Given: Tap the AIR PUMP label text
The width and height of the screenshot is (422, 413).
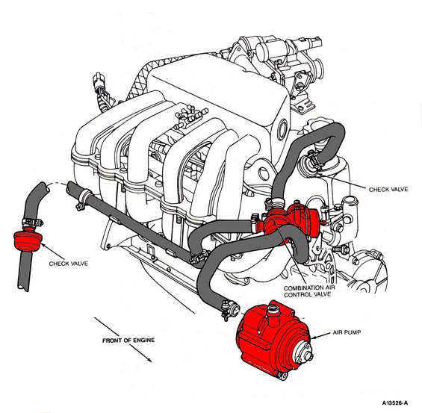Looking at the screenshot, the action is coord(347,332).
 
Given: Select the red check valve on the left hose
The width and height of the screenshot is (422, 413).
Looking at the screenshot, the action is coord(28,240).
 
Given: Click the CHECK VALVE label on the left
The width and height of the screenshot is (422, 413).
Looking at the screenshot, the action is coord(69,264).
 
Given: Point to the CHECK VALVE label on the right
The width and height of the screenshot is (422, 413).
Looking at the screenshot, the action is coord(388,190).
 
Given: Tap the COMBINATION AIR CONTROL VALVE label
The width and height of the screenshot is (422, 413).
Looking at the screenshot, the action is coord(309,291).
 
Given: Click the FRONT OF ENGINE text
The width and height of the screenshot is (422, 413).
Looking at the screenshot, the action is coord(128,341).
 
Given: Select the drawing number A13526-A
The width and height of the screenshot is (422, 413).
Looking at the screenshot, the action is coord(395,403).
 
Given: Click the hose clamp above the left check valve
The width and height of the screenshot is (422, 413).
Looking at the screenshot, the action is coord(32,223).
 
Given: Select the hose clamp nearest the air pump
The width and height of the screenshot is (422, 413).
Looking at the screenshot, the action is coord(228,310).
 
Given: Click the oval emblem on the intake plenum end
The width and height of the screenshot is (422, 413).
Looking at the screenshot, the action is coord(283,130).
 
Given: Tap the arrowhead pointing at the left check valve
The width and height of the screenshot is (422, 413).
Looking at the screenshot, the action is coord(43,245).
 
